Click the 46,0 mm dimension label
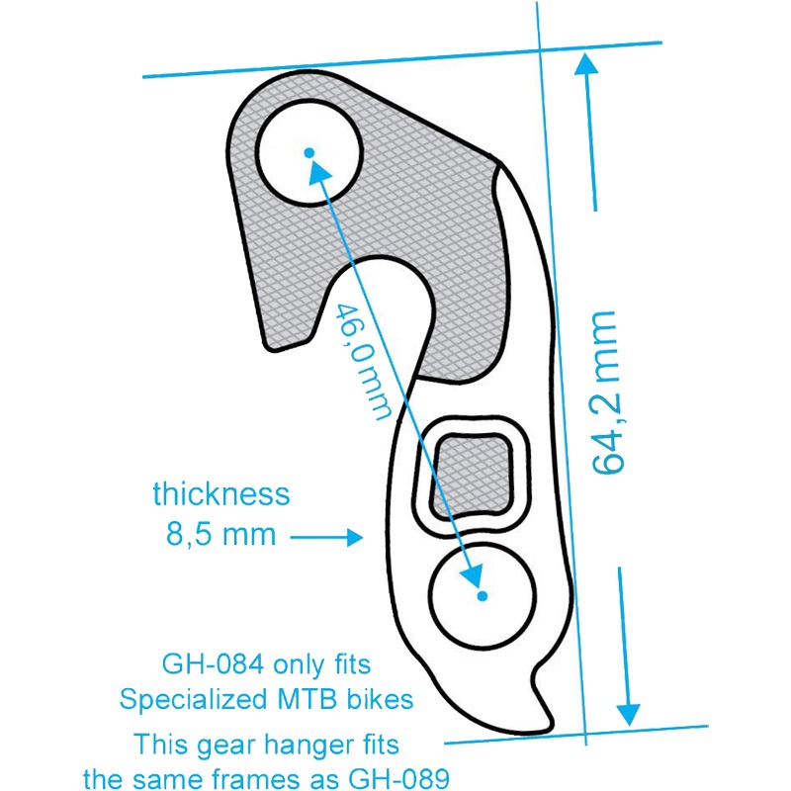[363, 361]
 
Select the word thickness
[221, 493]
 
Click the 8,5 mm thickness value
[220, 535]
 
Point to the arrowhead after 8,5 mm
[354, 537]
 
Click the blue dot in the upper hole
[309, 152]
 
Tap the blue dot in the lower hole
[483, 596]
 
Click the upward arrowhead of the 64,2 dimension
[586, 63]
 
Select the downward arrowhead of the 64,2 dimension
[629, 714]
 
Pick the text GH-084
[213, 664]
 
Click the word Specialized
[194, 701]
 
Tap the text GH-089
[399, 779]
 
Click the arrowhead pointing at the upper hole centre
[319, 170]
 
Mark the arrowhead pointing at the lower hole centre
[473, 575]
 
